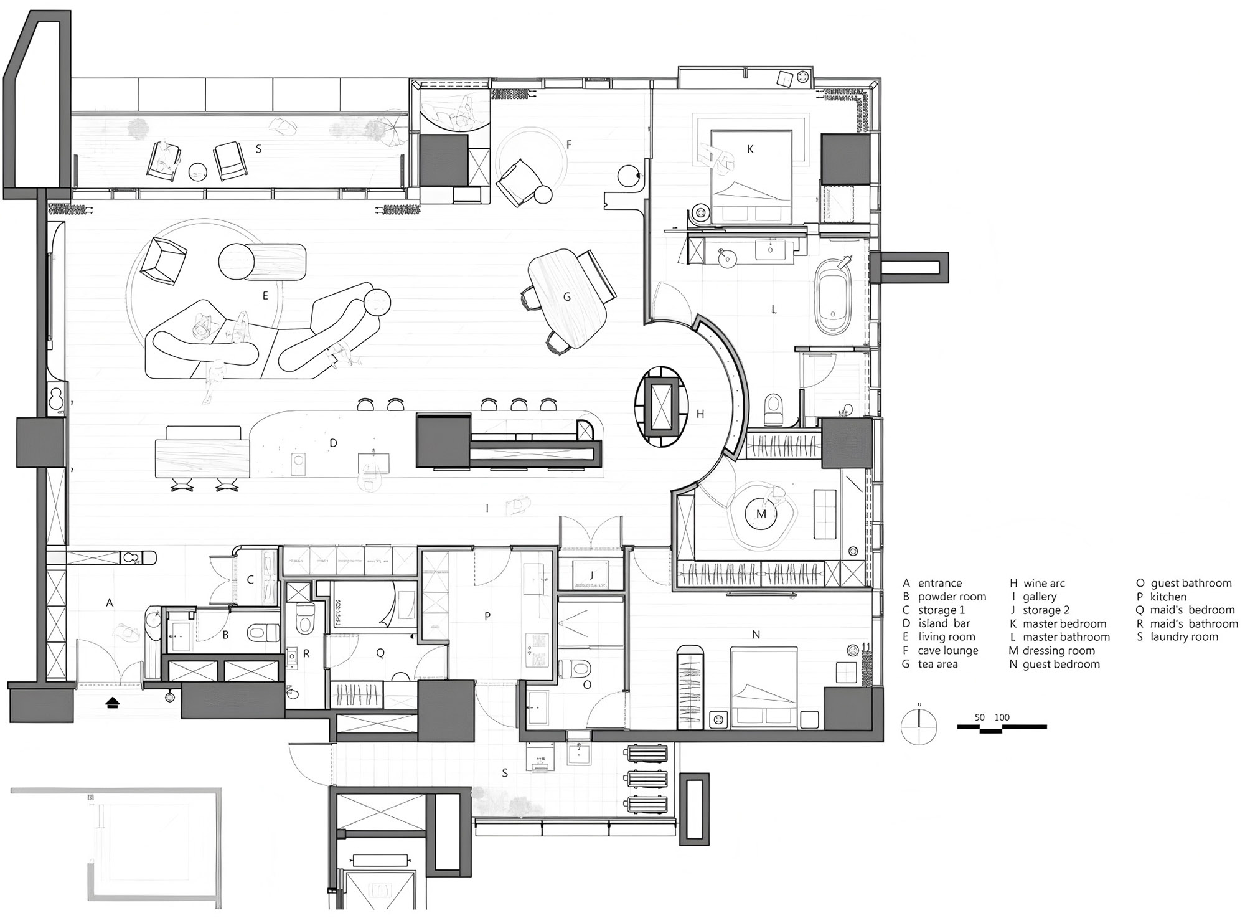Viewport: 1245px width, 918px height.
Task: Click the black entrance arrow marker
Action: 113,703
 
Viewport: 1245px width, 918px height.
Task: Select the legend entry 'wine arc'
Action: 1037,584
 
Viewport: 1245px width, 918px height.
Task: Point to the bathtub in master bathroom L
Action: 834,297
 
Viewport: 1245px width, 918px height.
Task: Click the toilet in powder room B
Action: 263,633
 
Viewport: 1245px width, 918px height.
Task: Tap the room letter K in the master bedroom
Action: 750,149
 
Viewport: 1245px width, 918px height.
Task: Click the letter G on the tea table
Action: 566,297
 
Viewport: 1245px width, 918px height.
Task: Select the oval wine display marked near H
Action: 662,405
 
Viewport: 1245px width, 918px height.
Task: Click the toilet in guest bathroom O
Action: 575,669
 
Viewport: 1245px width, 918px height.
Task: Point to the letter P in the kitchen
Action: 487,616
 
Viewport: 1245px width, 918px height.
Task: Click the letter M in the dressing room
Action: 761,514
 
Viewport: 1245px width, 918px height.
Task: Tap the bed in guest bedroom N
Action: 764,688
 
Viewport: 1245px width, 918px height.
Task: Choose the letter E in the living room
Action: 265,296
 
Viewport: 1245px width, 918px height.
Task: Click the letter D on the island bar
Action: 333,443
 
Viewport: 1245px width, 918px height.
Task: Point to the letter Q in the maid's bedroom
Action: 380,653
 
